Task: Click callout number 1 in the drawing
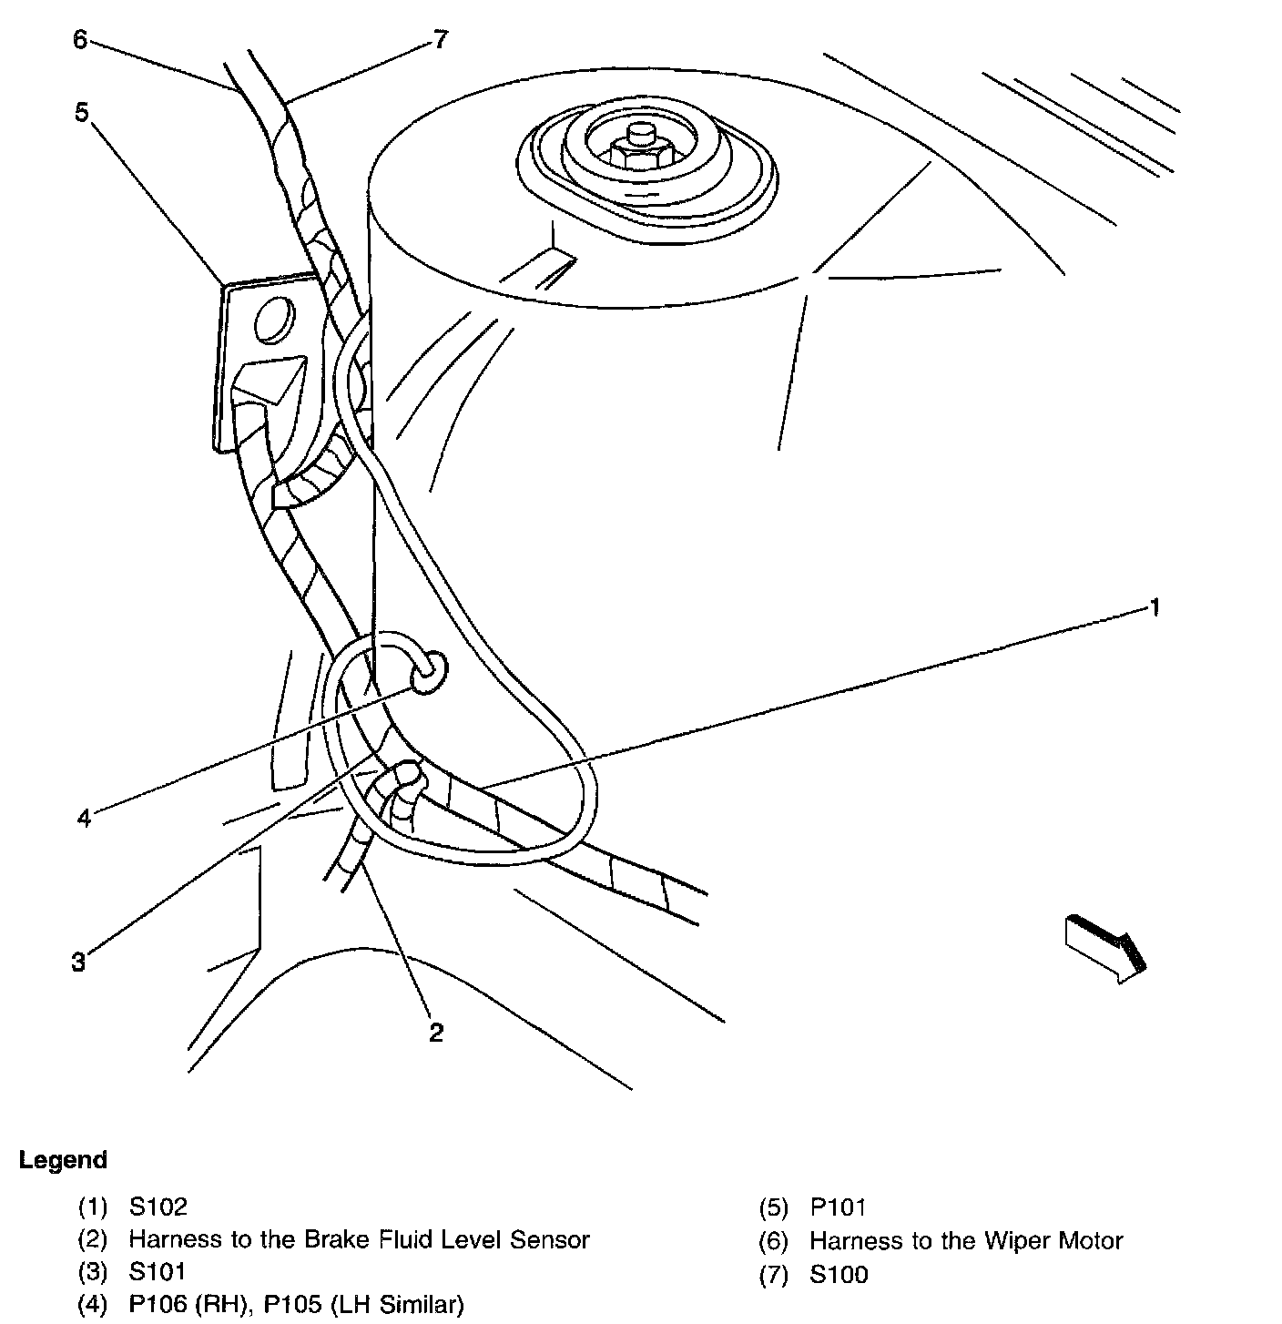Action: tap(1155, 607)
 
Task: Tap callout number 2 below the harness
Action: tap(436, 1032)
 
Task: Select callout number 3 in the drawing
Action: tap(79, 961)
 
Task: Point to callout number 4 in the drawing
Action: tap(84, 818)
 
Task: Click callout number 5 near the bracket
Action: tap(82, 113)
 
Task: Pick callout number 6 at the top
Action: tap(80, 40)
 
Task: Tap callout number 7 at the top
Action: tap(441, 40)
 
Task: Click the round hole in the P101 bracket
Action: tap(271, 321)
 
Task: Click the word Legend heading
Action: tap(63, 1160)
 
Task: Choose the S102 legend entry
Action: tap(158, 1207)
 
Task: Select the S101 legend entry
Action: tap(158, 1270)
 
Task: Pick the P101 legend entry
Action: tap(838, 1207)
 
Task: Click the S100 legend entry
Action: tap(839, 1274)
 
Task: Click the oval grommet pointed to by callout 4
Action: tap(430, 673)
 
